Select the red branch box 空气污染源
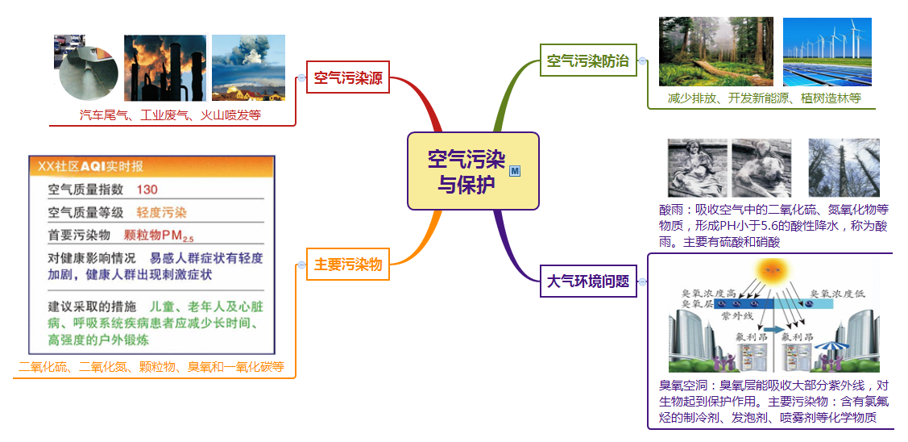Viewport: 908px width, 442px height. (348, 78)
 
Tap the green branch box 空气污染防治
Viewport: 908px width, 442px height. (587, 60)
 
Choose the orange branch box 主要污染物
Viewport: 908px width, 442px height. (347, 264)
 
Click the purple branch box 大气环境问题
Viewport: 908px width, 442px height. (587, 281)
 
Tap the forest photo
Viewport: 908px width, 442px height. (715, 52)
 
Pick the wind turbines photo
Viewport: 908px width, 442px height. (827, 52)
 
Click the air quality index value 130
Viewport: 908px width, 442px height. (147, 190)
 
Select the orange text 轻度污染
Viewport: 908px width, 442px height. (161, 213)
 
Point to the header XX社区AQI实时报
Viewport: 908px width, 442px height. (91, 166)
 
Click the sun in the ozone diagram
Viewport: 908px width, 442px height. (773, 268)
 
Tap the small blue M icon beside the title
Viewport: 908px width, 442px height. (515, 170)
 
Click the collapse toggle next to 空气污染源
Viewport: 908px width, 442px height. (301, 78)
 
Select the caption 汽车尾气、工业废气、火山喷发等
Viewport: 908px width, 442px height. (170, 115)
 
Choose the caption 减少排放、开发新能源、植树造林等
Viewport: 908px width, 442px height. (764, 98)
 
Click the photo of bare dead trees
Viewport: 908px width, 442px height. (844, 168)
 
